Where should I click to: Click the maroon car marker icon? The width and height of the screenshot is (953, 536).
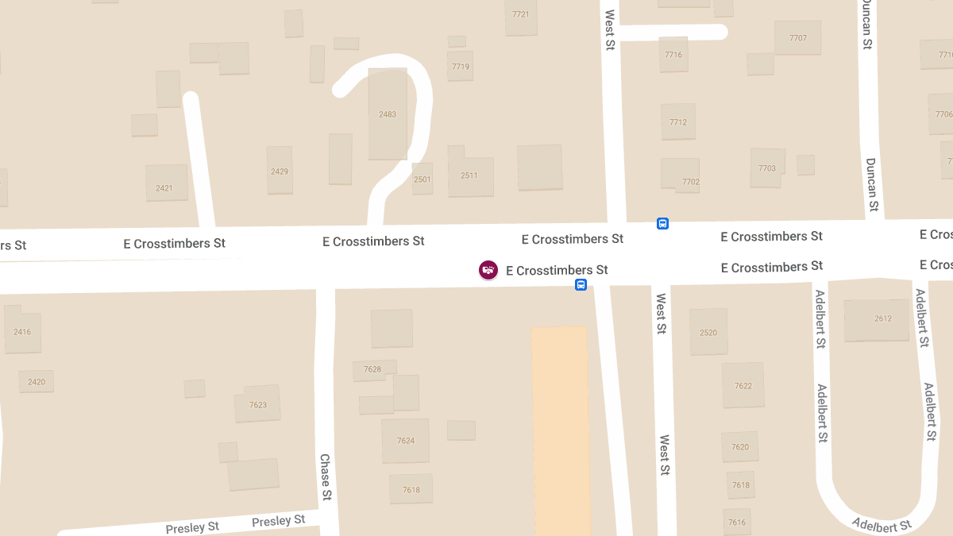point(488,270)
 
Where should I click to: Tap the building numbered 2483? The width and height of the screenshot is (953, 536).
point(388,114)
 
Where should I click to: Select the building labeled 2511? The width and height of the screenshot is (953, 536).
point(470,175)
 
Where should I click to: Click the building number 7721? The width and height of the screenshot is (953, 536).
point(521,15)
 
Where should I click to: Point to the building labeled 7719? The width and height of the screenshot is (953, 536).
point(461,67)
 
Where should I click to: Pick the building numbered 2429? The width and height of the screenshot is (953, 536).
point(280,171)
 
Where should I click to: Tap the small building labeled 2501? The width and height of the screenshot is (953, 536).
point(422,179)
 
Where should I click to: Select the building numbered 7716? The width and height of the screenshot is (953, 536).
point(673,54)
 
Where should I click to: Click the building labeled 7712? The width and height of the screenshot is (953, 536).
point(677,121)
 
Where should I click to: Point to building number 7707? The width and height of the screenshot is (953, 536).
point(797,38)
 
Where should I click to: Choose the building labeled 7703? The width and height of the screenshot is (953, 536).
point(766,168)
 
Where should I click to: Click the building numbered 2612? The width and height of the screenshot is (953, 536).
point(878,319)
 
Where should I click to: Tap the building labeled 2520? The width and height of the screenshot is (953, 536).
point(708,332)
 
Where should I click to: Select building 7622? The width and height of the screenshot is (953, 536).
point(743,386)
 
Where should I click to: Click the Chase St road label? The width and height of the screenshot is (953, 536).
point(326,477)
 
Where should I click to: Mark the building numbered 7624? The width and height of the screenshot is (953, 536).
point(406,441)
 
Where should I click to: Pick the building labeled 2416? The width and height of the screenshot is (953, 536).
point(22,331)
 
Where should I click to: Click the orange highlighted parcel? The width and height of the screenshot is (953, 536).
point(561,429)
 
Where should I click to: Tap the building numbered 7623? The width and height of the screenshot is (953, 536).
point(257,405)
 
